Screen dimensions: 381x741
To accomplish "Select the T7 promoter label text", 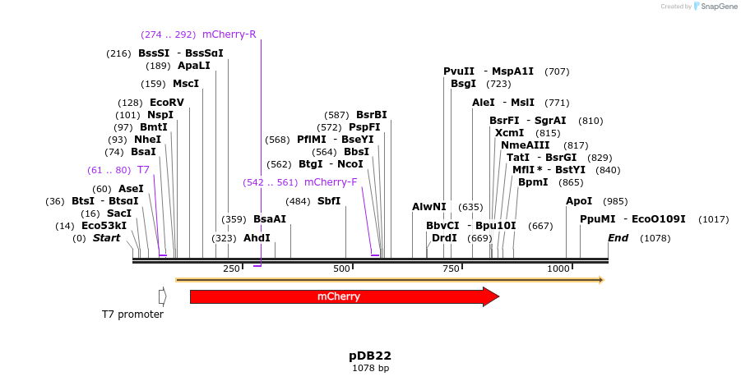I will [132, 314].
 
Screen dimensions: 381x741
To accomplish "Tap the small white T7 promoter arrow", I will [162, 296].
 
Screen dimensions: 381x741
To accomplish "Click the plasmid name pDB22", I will [370, 356].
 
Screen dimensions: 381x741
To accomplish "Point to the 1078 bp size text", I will [370, 369].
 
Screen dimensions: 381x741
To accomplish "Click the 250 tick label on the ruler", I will [231, 269].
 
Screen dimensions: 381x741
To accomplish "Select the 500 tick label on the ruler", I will [341, 269].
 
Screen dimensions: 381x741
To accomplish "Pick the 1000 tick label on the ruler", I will [558, 269].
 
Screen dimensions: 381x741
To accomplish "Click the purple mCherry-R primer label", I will [229, 34].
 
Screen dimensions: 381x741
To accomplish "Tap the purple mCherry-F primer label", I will [331, 182].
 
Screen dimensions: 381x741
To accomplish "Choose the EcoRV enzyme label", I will [167, 103].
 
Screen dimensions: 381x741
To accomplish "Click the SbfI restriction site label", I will [329, 201].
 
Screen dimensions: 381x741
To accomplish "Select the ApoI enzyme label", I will [579, 201].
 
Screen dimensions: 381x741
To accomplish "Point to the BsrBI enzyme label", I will [371, 115].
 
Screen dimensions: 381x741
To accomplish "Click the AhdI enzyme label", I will [257, 238].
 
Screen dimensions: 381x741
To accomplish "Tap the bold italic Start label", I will [106, 238].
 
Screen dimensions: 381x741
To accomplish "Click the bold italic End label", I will [618, 238].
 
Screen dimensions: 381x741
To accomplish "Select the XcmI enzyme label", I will [509, 133].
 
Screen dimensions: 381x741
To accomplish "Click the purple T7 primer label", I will [143, 170].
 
